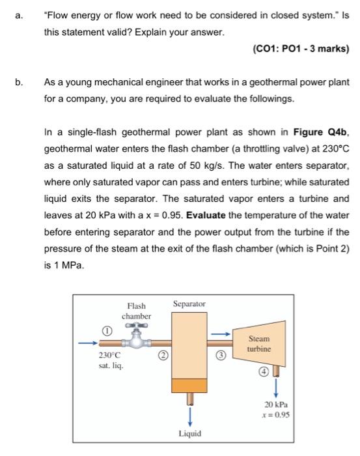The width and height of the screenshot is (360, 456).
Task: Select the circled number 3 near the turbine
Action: [x=221, y=356]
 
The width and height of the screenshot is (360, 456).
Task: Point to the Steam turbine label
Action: [x=258, y=344]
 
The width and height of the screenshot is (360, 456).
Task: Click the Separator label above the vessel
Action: [x=189, y=304]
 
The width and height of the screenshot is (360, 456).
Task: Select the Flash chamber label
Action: [x=137, y=311]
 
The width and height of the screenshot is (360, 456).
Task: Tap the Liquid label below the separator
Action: [x=189, y=433]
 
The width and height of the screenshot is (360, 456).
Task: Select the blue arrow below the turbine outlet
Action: [x=276, y=388]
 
